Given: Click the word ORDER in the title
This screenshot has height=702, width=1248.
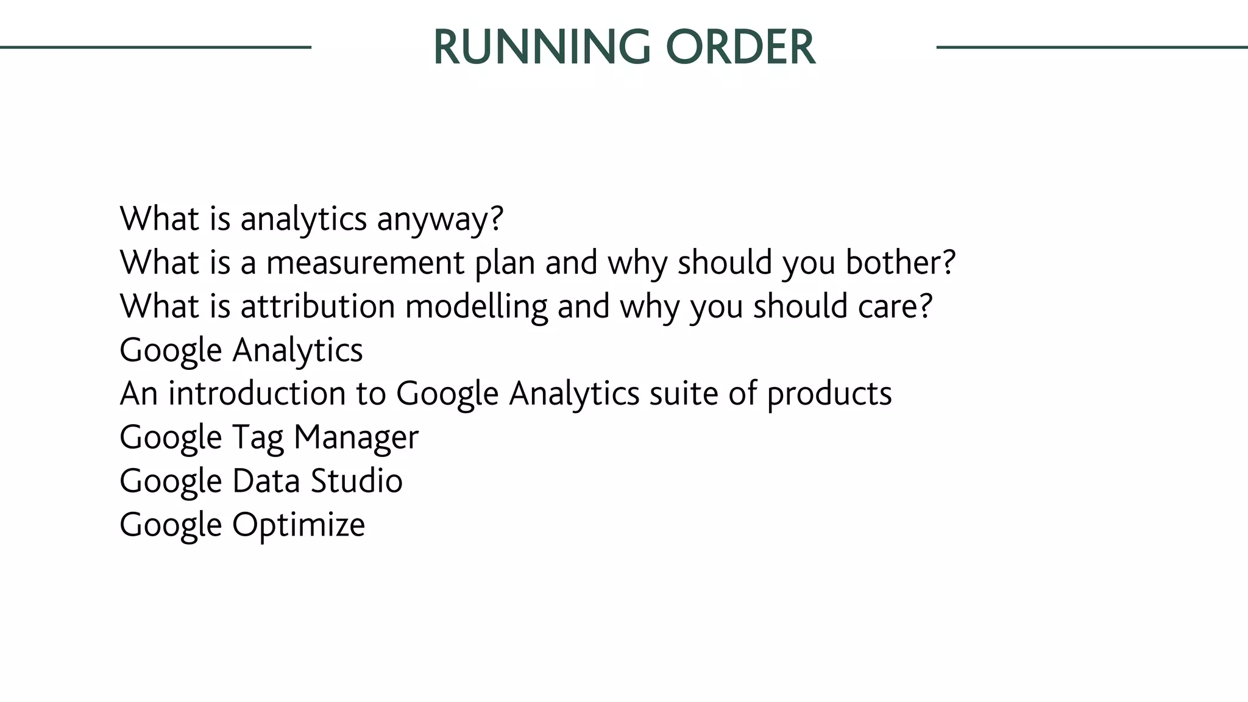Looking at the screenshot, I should coord(740,48).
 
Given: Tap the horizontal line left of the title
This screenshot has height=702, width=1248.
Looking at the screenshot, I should coord(155,47).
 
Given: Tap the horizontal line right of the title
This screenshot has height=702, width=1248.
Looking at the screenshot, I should coord(1091,47).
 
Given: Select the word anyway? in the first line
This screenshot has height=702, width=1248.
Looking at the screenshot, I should coord(440,219).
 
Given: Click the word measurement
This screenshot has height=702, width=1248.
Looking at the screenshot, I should coord(366,263).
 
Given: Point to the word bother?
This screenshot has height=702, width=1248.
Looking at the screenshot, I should coord(901,263).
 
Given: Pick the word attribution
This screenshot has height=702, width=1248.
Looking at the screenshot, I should coord(317,306).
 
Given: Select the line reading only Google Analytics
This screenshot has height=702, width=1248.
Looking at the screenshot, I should coord(241,350).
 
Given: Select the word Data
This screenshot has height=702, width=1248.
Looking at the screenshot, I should coord(266,481).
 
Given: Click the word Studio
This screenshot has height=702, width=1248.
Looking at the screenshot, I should coord(356,481).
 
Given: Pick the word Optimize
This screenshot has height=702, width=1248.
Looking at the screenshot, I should coord(299,525).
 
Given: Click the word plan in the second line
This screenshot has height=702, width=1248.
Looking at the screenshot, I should coord(505,264).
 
